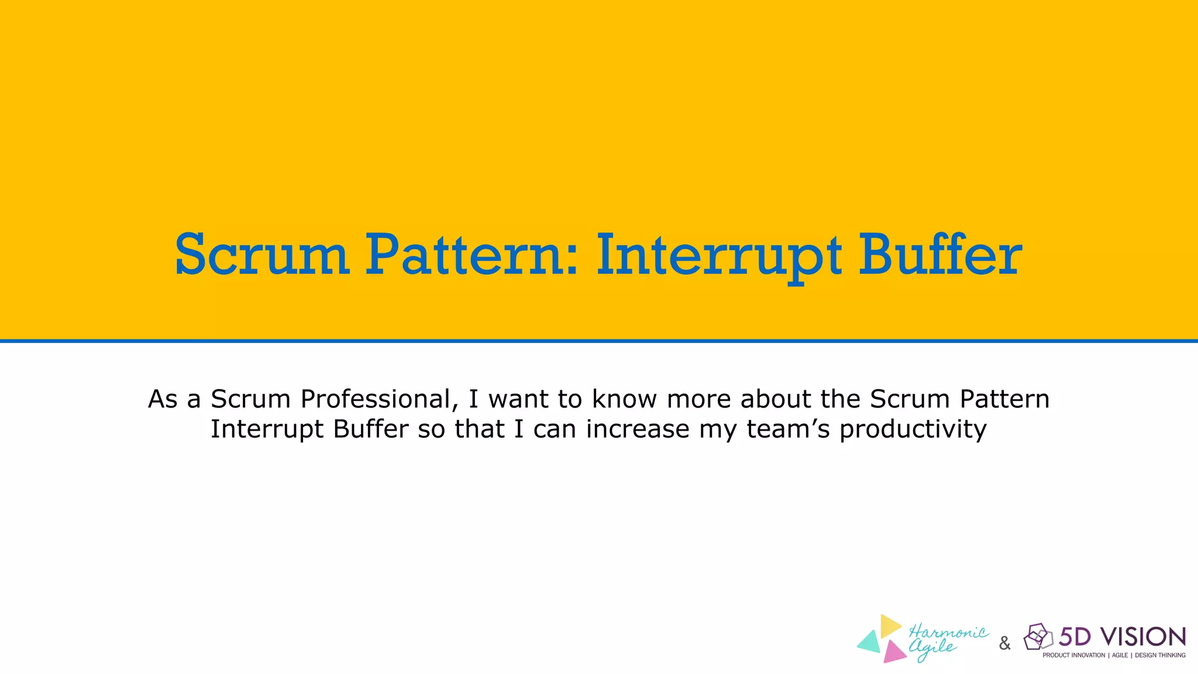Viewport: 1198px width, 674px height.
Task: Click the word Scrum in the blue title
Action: [262, 255]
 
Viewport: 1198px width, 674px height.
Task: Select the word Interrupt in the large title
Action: [719, 256]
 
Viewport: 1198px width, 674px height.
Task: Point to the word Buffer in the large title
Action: [940, 255]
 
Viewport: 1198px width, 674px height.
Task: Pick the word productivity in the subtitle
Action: [913, 429]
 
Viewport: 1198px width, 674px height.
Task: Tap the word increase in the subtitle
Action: [638, 429]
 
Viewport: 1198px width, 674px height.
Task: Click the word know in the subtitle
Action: [625, 399]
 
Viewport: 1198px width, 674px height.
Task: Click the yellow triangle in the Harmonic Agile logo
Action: [890, 625]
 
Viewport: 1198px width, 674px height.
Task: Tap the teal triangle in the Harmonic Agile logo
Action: [870, 642]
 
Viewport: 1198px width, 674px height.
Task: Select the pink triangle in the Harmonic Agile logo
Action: [893, 652]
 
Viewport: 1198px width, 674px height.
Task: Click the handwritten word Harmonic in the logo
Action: [948, 632]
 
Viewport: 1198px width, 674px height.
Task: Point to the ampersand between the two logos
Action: [1005, 644]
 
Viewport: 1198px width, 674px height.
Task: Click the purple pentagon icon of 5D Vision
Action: [1037, 637]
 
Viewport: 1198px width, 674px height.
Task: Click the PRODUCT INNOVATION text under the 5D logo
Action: [1073, 655]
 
